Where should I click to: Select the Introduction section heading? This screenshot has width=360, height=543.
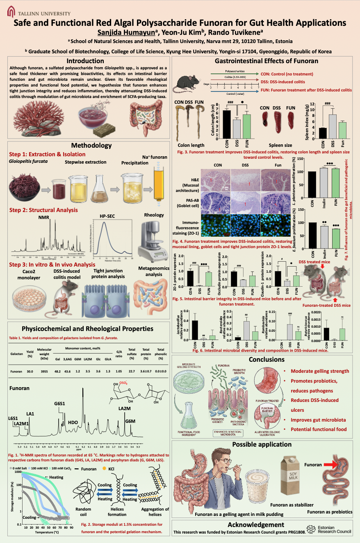pos(85,61)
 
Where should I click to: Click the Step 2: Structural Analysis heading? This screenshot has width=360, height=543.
pos(43,210)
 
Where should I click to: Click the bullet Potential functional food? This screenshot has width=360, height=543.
pos(318,429)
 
